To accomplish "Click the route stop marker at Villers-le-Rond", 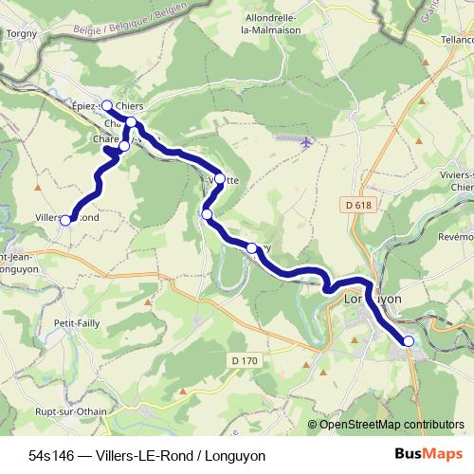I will coord(65,221).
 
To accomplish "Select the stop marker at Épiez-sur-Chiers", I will coord(106,105).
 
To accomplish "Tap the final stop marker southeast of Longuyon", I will coord(409,340).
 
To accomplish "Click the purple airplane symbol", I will coord(305,143).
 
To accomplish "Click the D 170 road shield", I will coord(244,359).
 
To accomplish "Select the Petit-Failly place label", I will coord(77,323).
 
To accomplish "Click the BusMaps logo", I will coord(424,454).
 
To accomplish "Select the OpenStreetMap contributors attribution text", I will coord(392,424).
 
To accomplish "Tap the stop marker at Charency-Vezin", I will coord(123,146).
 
